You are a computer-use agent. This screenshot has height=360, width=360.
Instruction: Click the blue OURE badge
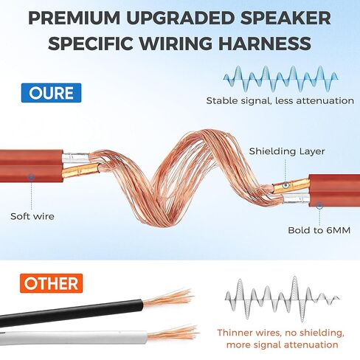[x=51, y=93]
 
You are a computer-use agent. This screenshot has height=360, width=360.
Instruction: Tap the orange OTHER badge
[x=51, y=283]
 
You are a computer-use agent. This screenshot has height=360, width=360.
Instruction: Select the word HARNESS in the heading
[x=265, y=43]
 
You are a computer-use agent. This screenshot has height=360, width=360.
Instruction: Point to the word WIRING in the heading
[x=176, y=43]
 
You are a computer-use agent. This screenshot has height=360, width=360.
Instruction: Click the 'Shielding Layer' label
[x=287, y=151]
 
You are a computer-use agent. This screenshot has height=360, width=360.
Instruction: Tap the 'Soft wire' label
[x=32, y=216]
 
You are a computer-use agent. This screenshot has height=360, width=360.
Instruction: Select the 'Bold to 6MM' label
[x=319, y=230]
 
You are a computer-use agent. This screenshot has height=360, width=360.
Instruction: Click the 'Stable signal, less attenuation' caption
[x=280, y=100]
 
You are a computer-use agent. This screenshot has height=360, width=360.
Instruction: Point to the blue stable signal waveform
[x=280, y=79]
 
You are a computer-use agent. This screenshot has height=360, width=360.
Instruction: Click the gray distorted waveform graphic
[x=283, y=298]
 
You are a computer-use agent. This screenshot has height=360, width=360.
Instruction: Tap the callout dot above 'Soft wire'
[x=32, y=176]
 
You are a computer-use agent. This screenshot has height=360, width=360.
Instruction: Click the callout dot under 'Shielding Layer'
[x=285, y=185]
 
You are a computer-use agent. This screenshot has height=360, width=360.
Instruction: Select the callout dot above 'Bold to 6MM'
[x=319, y=205]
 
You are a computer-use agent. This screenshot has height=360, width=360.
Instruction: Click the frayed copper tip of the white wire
[x=173, y=333]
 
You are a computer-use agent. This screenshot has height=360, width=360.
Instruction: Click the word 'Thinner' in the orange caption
[x=235, y=333]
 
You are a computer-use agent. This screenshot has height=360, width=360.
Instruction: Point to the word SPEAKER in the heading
[x=285, y=18]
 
